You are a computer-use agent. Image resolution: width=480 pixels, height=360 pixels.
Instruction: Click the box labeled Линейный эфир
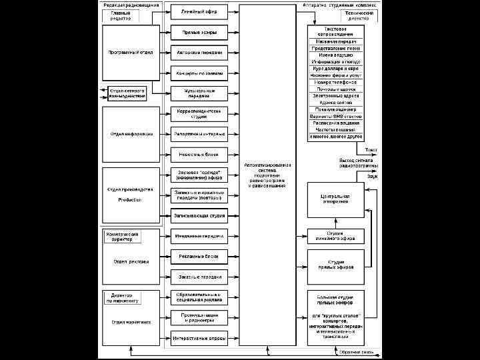[199, 11]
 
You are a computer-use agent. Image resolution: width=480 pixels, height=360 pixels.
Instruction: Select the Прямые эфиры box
[199, 32]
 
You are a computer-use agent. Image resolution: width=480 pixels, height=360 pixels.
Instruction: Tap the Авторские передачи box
[199, 52]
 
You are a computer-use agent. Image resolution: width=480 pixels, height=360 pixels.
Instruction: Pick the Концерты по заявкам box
[199, 73]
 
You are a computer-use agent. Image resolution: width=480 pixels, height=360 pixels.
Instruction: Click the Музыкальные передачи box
[199, 93]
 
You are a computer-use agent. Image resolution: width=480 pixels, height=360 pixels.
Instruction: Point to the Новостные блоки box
[199, 154]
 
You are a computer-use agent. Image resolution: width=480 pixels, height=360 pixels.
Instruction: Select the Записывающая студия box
[199, 215]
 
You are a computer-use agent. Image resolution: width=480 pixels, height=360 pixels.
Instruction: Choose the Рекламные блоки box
[199, 256]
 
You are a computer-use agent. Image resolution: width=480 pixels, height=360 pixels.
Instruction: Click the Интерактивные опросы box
[199, 338]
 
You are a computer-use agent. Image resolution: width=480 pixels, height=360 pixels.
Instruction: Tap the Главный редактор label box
[121, 15]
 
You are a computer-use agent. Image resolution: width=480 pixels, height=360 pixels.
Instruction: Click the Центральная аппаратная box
[335, 199]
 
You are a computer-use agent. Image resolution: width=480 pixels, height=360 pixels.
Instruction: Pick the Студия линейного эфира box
[335, 236]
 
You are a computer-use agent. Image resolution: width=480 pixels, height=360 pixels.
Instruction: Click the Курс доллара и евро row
[335, 68]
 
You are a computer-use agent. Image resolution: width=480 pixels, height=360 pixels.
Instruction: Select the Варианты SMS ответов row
[335, 116]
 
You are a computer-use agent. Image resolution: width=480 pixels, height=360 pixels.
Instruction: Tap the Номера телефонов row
[335, 82]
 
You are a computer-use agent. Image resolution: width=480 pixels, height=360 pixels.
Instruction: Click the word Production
[130, 200]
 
